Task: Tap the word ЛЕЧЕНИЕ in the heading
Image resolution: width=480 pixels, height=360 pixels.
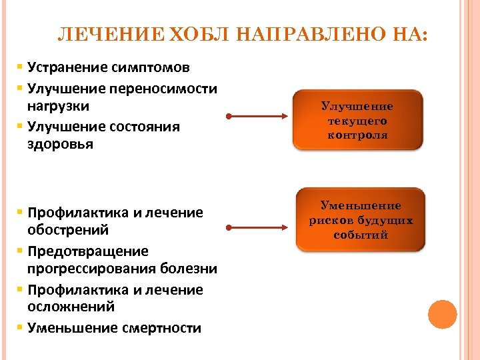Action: pos(111,35)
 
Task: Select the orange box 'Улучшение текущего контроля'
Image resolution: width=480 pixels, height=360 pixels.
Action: pos(357,120)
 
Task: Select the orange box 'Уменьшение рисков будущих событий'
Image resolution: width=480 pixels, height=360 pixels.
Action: pos(361,220)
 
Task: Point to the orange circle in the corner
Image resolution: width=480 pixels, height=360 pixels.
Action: pos(442,315)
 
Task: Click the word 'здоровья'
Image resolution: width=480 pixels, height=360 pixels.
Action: pos(57,144)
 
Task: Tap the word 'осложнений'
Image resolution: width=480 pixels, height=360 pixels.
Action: pos(71,307)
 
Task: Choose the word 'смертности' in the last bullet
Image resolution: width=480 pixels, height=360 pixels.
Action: pos(162,327)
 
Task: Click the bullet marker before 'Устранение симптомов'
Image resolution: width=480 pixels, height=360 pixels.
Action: pos(21,67)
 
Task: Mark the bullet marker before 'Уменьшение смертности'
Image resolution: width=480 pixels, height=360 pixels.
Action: pos(21,327)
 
